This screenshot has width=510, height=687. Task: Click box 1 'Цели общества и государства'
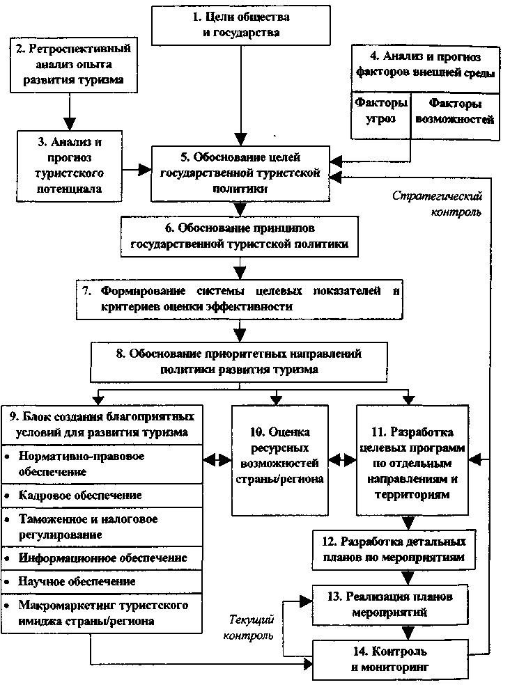click(241, 24)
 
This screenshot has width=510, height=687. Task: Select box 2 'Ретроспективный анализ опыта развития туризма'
click(72, 64)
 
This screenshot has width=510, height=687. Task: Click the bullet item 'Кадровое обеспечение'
click(81, 495)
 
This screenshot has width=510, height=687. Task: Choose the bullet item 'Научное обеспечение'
click(77, 581)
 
